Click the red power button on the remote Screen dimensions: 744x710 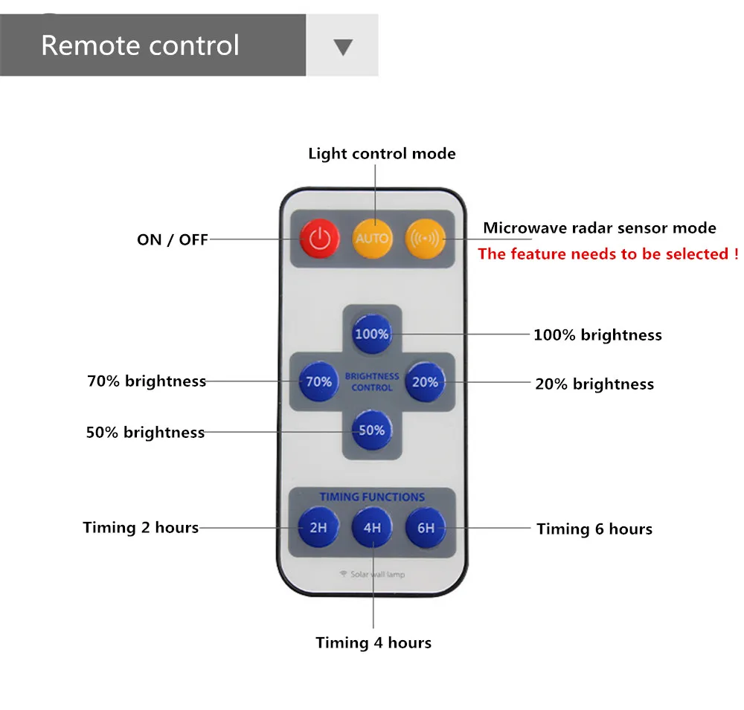(320, 238)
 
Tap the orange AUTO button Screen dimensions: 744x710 (373, 238)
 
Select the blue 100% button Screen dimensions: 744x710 (372, 334)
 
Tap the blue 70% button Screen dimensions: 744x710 (319, 381)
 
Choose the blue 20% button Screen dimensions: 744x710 (425, 382)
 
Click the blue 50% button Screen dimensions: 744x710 (372, 430)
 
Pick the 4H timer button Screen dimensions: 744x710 (373, 527)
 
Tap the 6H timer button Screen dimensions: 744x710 (426, 527)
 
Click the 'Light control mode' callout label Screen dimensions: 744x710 (382, 154)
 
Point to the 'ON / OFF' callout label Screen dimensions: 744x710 (173, 239)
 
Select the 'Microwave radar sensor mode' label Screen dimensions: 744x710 (600, 227)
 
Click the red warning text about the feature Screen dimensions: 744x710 (609, 254)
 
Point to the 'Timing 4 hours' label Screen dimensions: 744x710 (374, 642)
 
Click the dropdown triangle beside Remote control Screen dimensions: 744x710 (343, 47)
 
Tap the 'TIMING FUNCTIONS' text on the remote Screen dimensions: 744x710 (372, 497)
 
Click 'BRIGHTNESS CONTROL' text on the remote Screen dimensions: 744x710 (372, 382)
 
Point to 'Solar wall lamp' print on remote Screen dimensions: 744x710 (373, 575)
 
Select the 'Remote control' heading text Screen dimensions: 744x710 (141, 45)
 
